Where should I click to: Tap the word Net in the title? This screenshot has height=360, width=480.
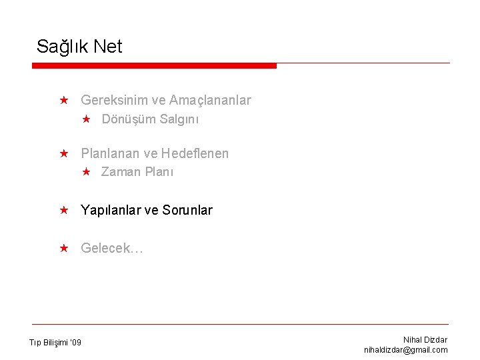(108, 47)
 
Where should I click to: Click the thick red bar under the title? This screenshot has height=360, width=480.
(154, 65)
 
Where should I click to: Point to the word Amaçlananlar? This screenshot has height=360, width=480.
(210, 100)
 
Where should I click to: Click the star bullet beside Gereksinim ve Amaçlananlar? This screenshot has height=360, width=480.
(63, 100)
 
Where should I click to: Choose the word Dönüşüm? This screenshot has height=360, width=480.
(129, 119)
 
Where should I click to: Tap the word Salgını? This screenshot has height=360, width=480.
(179, 119)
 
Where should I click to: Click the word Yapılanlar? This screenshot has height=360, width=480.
(111, 211)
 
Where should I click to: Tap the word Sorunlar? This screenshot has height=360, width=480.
(187, 211)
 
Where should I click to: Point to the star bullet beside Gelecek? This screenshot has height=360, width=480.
(63, 248)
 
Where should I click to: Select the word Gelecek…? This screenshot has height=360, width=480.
(112, 249)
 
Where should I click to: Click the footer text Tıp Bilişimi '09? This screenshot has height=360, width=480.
(55, 343)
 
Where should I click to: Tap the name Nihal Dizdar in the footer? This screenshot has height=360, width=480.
(425, 340)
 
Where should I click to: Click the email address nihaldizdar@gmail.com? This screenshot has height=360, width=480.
(406, 350)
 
